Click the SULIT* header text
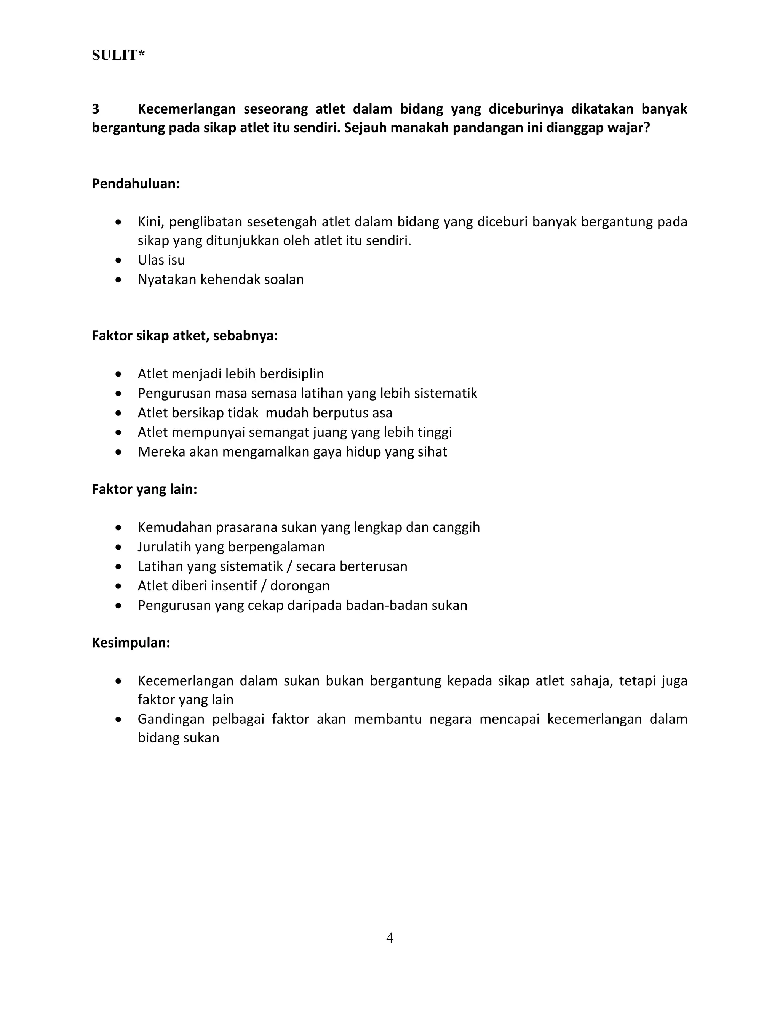tap(118, 56)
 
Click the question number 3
tap(96, 109)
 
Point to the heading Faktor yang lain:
tap(144, 489)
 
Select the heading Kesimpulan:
tap(131, 643)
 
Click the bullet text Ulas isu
tap(161, 260)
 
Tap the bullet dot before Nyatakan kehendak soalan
tap(119, 280)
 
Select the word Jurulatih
tap(165, 547)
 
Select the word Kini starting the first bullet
tap(150, 222)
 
